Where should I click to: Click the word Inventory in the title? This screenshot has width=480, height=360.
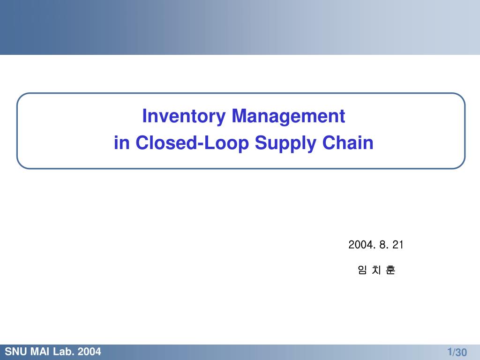pyautogui.click(x=184, y=117)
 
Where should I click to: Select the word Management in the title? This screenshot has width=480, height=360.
pyautogui.click(x=288, y=116)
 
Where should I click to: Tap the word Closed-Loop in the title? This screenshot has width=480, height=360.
pyautogui.click(x=192, y=142)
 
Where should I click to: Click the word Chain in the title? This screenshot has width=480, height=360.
pyautogui.click(x=348, y=142)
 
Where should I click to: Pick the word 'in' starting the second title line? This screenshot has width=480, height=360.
pyautogui.click(x=121, y=142)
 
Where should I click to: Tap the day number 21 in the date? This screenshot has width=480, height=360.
pyautogui.click(x=397, y=245)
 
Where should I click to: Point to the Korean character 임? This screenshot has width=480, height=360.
pyautogui.click(x=362, y=270)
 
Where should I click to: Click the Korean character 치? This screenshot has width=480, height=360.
pyautogui.click(x=376, y=270)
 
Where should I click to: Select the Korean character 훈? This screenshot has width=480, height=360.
pyautogui.click(x=390, y=270)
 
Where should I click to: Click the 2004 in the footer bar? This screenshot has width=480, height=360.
pyautogui.click(x=89, y=352)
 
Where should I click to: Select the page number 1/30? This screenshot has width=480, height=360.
pyautogui.click(x=457, y=352)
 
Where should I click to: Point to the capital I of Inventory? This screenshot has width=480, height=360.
pyautogui.click(x=144, y=116)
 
